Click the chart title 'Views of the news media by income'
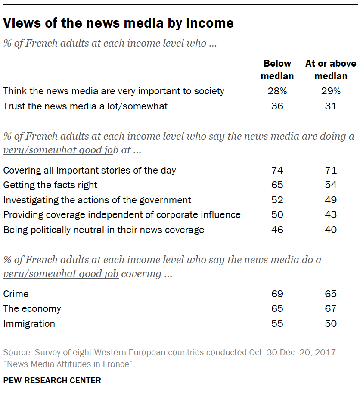click(x=118, y=23)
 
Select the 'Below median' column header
click(x=277, y=70)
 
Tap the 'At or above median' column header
click(x=331, y=70)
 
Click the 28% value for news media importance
click(x=277, y=91)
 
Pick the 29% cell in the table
click(x=331, y=91)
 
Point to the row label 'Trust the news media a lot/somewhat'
click(x=85, y=106)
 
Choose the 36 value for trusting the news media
click(x=277, y=106)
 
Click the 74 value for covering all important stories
click(x=277, y=170)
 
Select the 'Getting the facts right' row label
click(x=50, y=185)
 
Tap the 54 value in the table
click(x=331, y=185)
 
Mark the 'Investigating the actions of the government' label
click(x=97, y=200)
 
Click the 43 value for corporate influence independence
click(x=331, y=214)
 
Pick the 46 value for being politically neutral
click(x=277, y=230)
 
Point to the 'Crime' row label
click(x=16, y=294)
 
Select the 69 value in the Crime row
click(x=277, y=294)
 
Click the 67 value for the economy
click(x=331, y=309)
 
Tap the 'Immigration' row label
click(x=29, y=323)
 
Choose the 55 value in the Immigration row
click(x=277, y=323)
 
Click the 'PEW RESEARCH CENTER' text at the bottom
click(x=52, y=380)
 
